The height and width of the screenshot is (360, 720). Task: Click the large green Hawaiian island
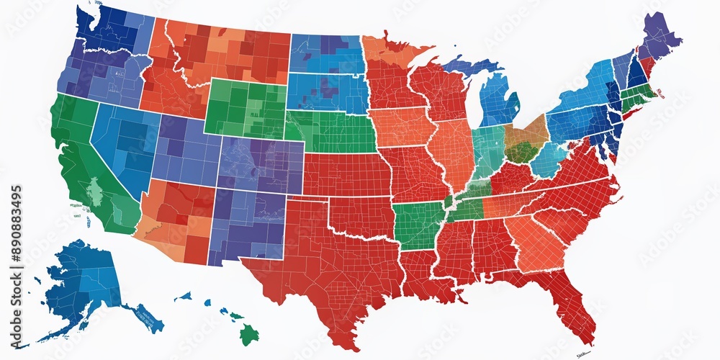[x=248, y=333]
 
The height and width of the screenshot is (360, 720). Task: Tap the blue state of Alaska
[x=79, y=281]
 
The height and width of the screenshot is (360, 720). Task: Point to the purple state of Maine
[x=659, y=36]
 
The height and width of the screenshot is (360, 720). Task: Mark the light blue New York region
[x=583, y=94]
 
